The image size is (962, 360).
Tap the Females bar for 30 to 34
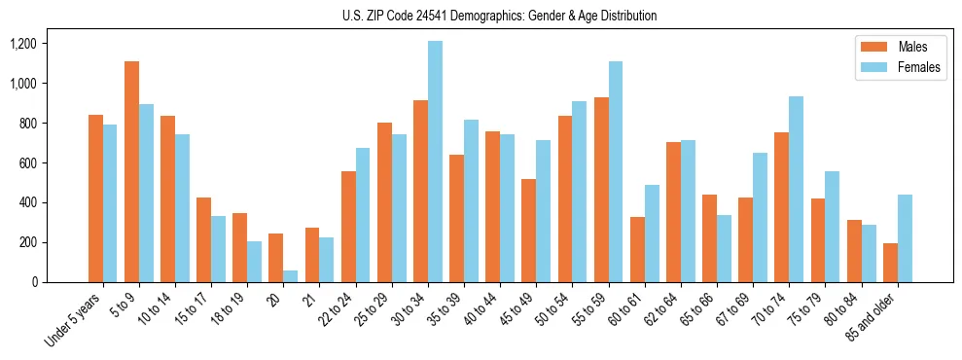click(435, 162)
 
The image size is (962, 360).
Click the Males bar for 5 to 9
click(131, 172)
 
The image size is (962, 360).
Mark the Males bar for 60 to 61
click(637, 249)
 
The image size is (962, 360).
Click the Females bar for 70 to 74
click(796, 190)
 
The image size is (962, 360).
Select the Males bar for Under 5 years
click(95, 198)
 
